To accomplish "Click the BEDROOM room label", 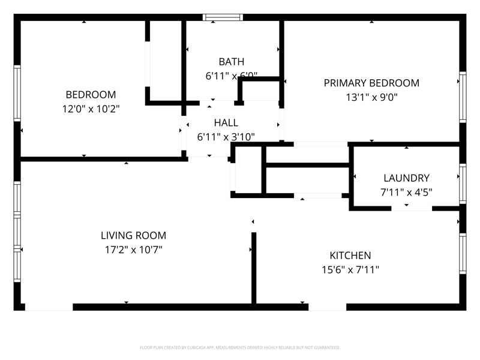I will pos(91,95).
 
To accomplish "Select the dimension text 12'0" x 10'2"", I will pos(91,109).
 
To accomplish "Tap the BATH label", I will pos(231,61).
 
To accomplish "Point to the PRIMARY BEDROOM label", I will pos(371,83).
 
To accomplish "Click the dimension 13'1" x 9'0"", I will pos(371,97).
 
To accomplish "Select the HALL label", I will pos(226,122).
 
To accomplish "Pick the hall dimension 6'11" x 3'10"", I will pos(226,137).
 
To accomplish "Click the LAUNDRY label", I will pos(406,178).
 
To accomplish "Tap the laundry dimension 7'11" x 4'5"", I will pos(406,192).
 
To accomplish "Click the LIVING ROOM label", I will pos(133,236).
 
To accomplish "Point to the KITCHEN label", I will pos(350,256).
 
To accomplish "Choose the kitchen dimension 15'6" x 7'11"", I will pos(350,270).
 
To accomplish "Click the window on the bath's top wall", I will pos(223,17).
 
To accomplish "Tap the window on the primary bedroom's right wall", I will pos(462,97).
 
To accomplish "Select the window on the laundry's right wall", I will pos(462,184).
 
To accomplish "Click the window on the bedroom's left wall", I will pos(17,93).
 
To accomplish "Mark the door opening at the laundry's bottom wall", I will pos(411,208).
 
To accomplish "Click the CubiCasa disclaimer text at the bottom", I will pos(240,347).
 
